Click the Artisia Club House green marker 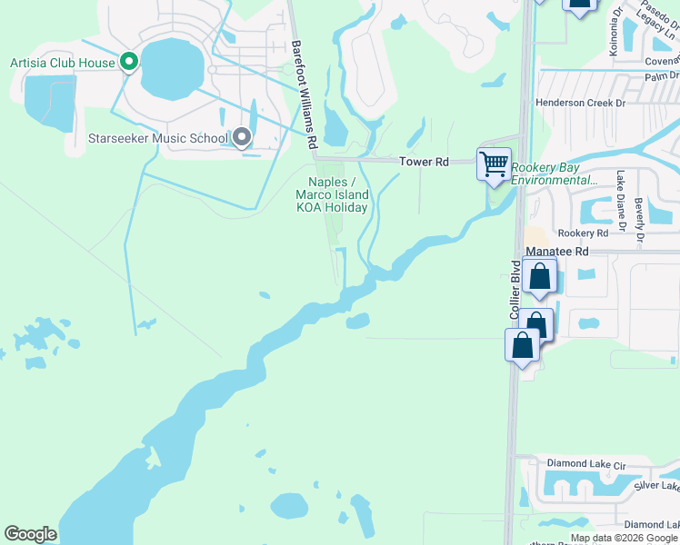tap(129, 63)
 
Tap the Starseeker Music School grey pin tap(241, 138)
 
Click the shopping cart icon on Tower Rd tap(493, 164)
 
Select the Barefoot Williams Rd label tap(304, 95)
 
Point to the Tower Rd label tap(425, 162)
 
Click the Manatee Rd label tap(556, 251)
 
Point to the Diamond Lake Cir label tap(586, 464)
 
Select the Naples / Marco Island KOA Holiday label tap(333, 194)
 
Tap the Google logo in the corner tap(31, 534)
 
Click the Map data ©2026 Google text tap(625, 538)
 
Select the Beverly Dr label tap(640, 222)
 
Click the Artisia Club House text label tap(62, 63)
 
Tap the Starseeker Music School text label tap(157, 139)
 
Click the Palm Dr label tap(661, 76)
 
